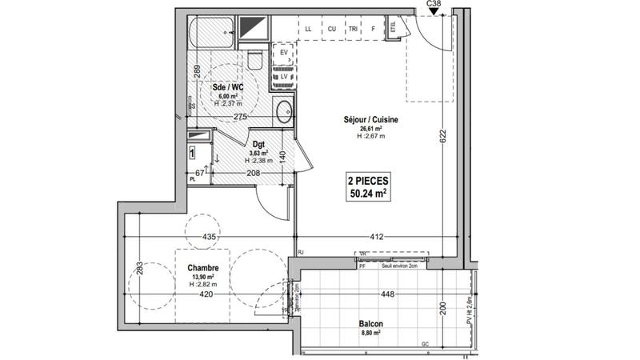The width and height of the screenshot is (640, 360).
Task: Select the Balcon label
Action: [x=370, y=323]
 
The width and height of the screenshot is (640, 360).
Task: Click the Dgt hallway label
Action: [x=258, y=145]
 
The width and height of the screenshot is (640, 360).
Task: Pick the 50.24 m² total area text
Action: [x=369, y=193]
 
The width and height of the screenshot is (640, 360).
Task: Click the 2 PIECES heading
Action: [x=369, y=180]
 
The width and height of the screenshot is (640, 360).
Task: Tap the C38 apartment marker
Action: [x=434, y=4]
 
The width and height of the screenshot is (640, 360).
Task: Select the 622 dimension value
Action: [x=442, y=136]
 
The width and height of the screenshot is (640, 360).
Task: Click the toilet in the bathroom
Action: [x=254, y=60]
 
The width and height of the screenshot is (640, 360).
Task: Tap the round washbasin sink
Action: [x=283, y=110]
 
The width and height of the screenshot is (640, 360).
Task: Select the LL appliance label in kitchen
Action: [x=309, y=30]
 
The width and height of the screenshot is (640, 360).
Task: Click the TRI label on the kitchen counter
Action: [x=353, y=30]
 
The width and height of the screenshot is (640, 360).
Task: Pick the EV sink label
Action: [x=283, y=54]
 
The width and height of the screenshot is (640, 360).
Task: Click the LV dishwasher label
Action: [x=283, y=77]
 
